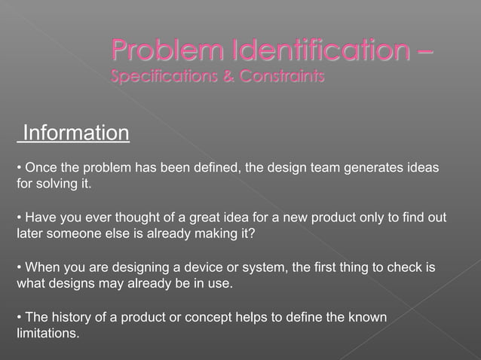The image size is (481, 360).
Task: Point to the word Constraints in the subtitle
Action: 278,77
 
